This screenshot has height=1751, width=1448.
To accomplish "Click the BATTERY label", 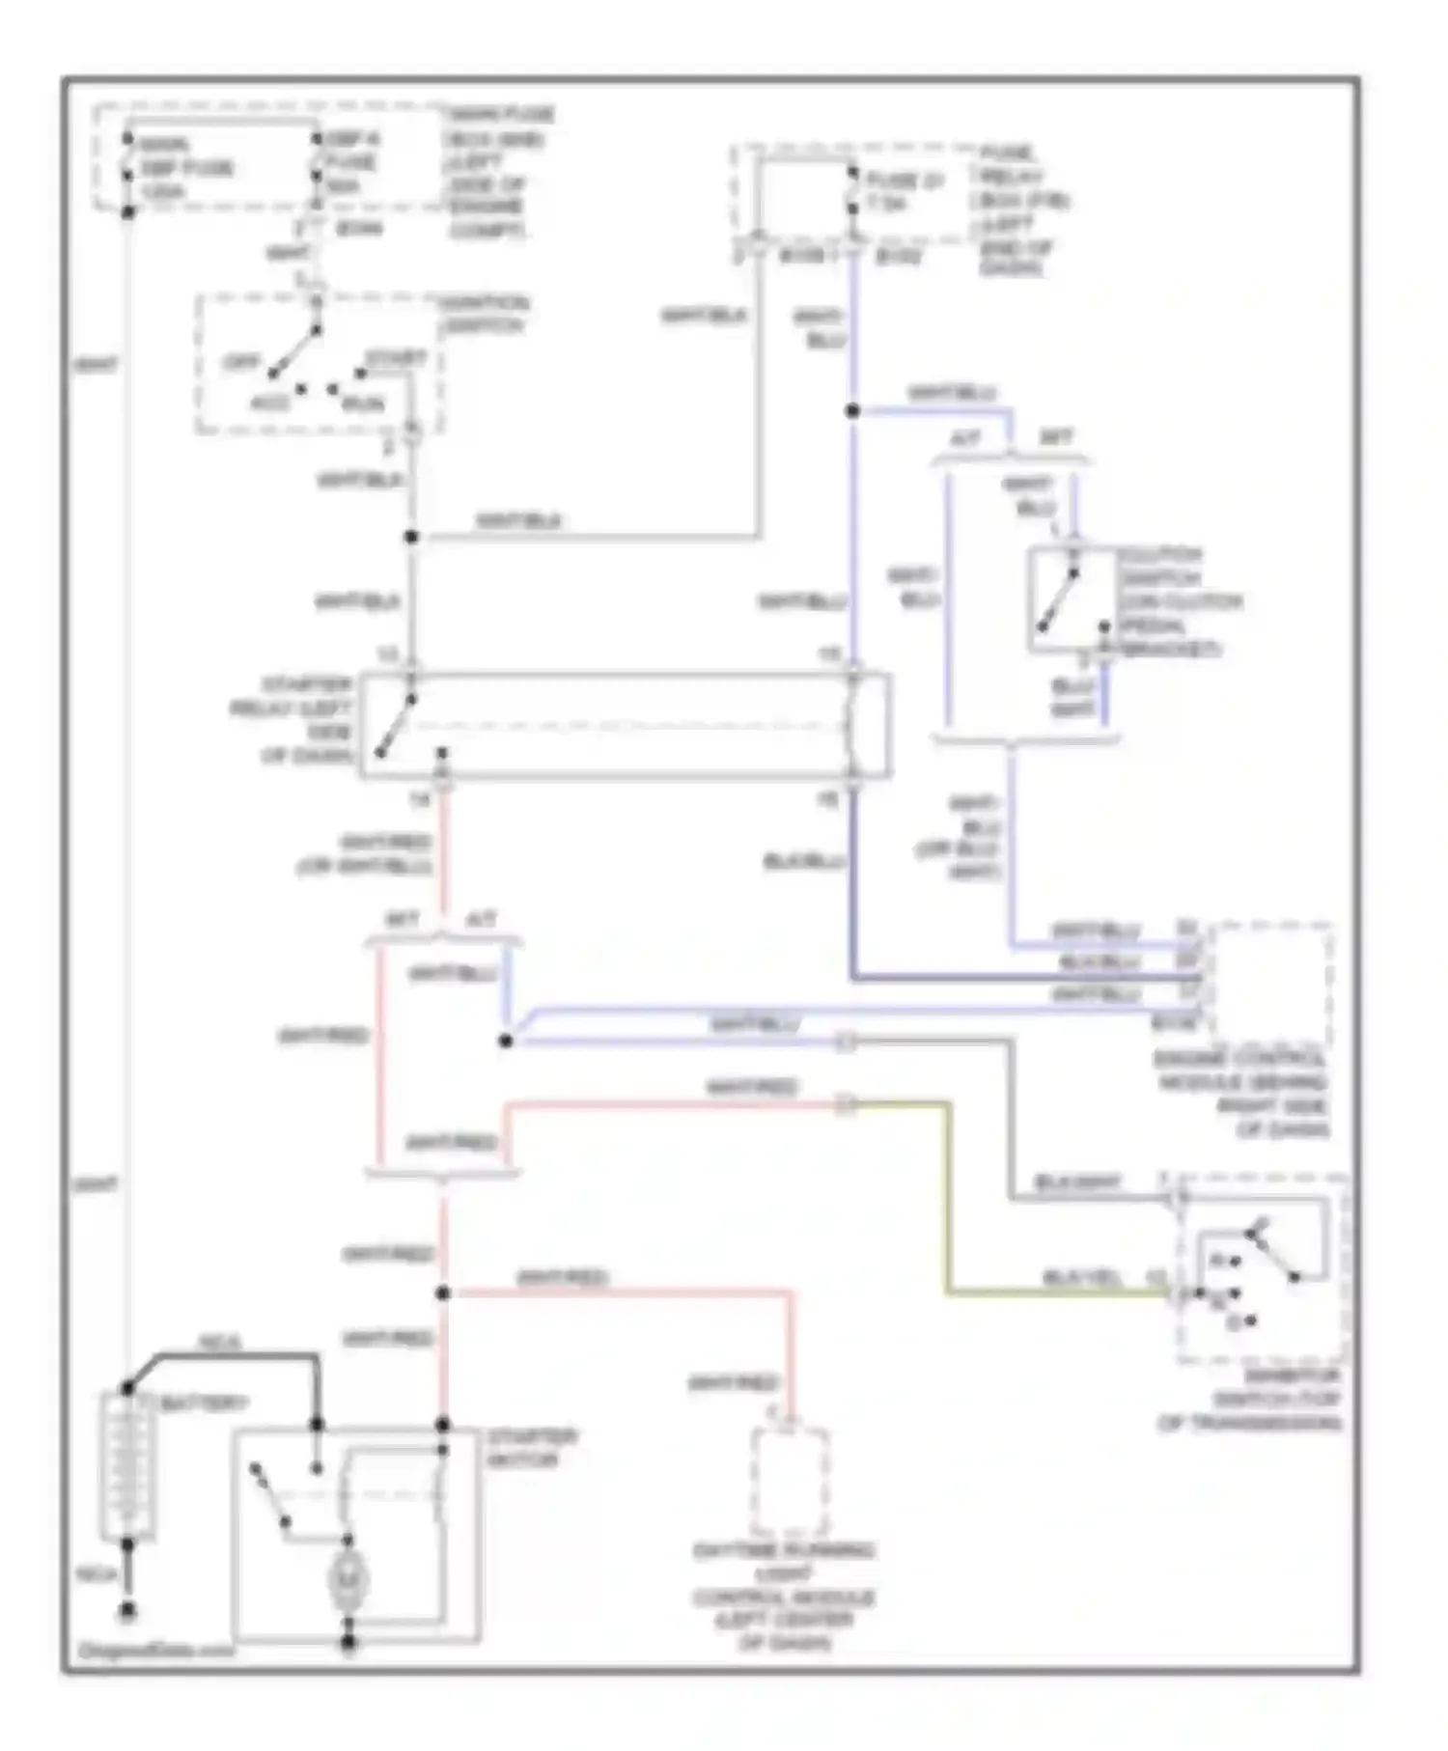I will (204, 1404).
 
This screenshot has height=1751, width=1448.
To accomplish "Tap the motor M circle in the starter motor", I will (347, 1579).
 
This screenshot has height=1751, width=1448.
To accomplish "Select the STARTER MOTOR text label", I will (531, 1448).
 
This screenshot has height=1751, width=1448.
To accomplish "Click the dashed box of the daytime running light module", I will (790, 1483).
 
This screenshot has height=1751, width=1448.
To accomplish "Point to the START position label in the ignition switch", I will (396, 359).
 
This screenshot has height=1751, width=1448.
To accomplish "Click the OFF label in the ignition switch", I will (241, 363).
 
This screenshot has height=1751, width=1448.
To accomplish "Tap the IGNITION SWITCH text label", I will (483, 315).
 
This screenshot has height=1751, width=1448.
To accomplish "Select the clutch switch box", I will (1072, 599).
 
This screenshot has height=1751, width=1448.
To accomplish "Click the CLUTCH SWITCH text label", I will (1180, 601).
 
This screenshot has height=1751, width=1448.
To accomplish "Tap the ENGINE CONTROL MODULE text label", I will (1243, 1094).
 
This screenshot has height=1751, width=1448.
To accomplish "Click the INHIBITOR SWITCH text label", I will (1251, 1400).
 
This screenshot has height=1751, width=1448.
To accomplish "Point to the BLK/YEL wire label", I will (1081, 1278).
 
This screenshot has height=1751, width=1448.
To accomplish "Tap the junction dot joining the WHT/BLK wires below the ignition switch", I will (411, 537).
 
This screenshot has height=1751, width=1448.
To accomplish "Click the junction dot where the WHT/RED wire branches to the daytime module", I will (443, 1292).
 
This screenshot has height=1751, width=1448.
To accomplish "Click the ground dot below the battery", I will (126, 1611).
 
